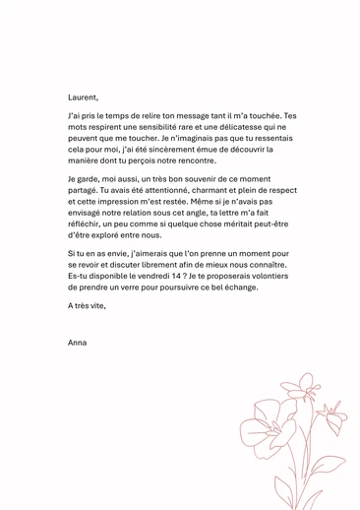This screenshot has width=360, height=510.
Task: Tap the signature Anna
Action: click(x=78, y=342)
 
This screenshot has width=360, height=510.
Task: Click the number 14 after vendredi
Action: click(x=190, y=277)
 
